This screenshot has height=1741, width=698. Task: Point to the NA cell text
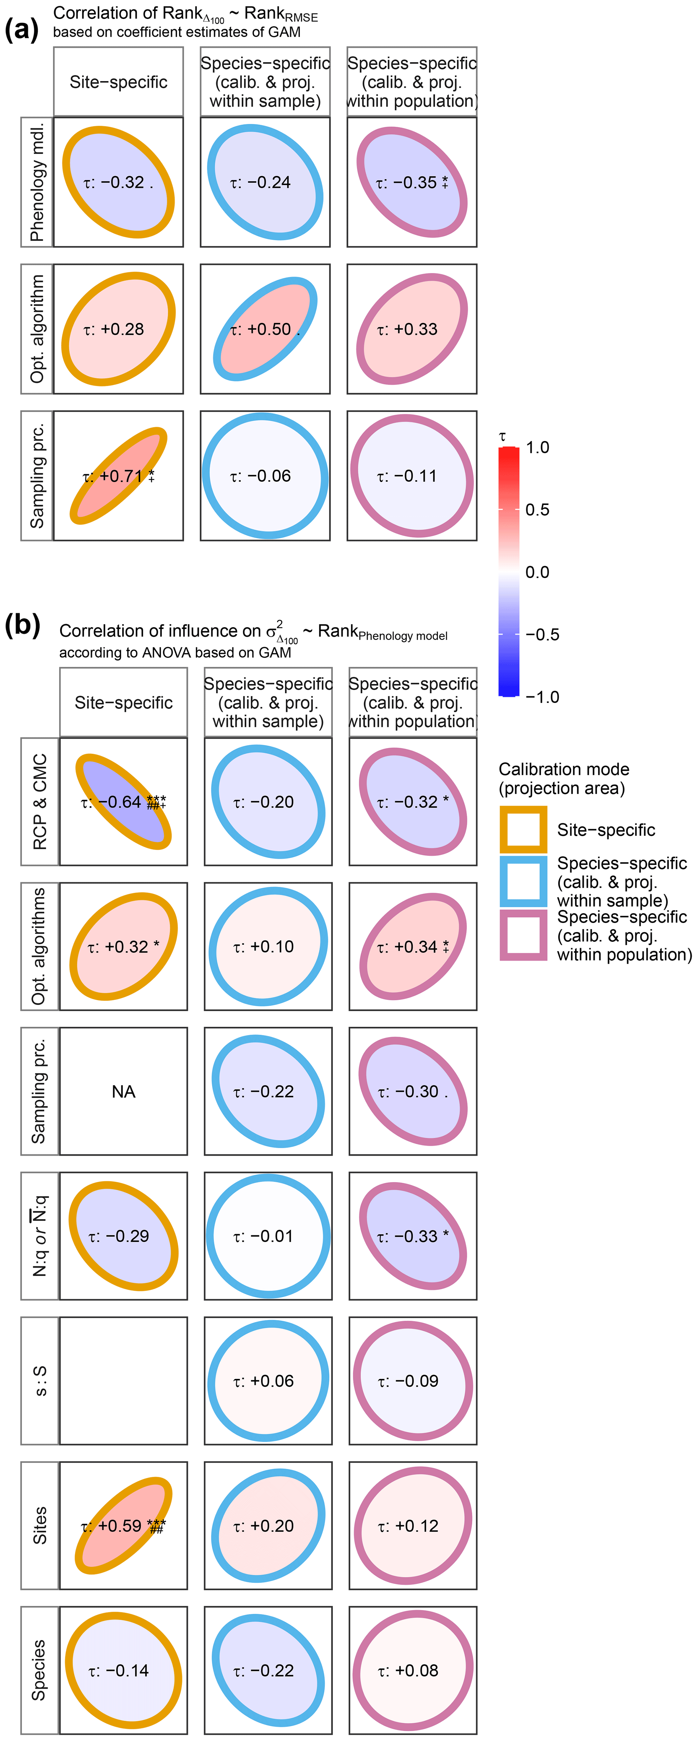(x=124, y=1091)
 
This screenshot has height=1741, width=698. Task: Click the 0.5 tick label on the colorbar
(x=537, y=510)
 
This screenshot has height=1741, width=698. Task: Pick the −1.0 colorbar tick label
(x=542, y=697)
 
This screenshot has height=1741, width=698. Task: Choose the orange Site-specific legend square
(x=523, y=829)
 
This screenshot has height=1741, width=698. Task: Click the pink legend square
(x=523, y=935)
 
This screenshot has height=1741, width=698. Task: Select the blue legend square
(x=523, y=881)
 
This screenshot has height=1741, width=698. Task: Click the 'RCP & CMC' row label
(x=40, y=802)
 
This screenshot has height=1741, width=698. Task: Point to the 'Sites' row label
(x=40, y=1525)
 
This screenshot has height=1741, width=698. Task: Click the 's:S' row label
(x=40, y=1381)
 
